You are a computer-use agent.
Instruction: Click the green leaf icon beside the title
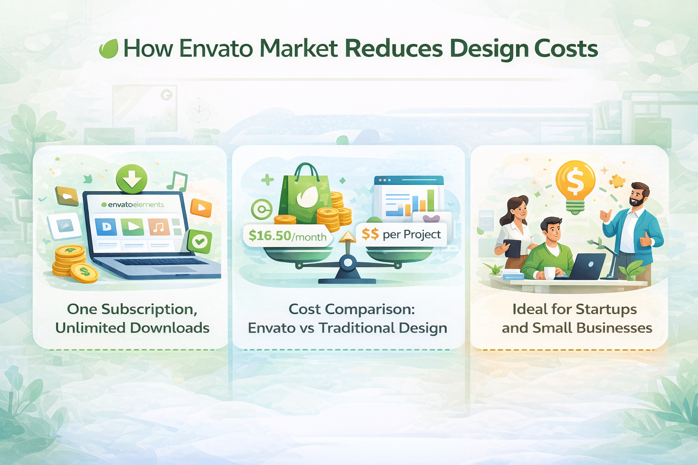click(109, 49)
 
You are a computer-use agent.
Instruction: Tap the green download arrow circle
click(132, 179)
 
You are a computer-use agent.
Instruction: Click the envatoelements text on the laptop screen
click(133, 205)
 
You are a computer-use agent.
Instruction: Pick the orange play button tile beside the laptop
click(201, 208)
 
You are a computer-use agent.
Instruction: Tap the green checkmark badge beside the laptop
click(199, 241)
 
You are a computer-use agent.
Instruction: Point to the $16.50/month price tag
click(287, 236)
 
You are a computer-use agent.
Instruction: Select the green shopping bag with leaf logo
click(306, 195)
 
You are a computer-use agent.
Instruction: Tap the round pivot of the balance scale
click(348, 262)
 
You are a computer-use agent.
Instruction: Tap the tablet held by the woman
click(513, 248)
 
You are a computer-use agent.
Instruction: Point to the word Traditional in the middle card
click(357, 328)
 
